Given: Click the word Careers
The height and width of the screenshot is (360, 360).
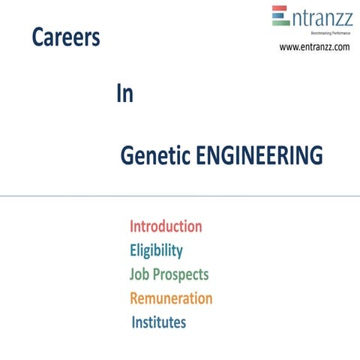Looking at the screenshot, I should coord(66,38).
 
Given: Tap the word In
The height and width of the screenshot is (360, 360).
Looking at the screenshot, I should coord(124,94).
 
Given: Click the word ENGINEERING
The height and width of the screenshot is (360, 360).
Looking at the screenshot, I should coord(259,156).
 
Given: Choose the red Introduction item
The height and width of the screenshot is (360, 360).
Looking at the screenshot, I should coord(166,226).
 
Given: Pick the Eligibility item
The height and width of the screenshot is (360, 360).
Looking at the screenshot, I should coord(156,250).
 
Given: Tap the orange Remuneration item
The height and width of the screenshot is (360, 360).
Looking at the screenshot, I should coord(171,298).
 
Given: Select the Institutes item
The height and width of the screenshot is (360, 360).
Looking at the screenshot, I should coord(159,322).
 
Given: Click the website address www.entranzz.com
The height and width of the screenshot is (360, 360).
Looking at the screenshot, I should coord(314,47).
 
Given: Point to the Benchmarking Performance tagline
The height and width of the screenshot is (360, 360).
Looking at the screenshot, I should coord(326,34).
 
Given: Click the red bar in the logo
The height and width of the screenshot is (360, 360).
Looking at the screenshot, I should coord(280,8).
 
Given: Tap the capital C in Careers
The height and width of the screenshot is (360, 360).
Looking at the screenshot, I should coord(37,38).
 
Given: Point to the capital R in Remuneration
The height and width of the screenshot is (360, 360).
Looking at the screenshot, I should coord(135,298).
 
